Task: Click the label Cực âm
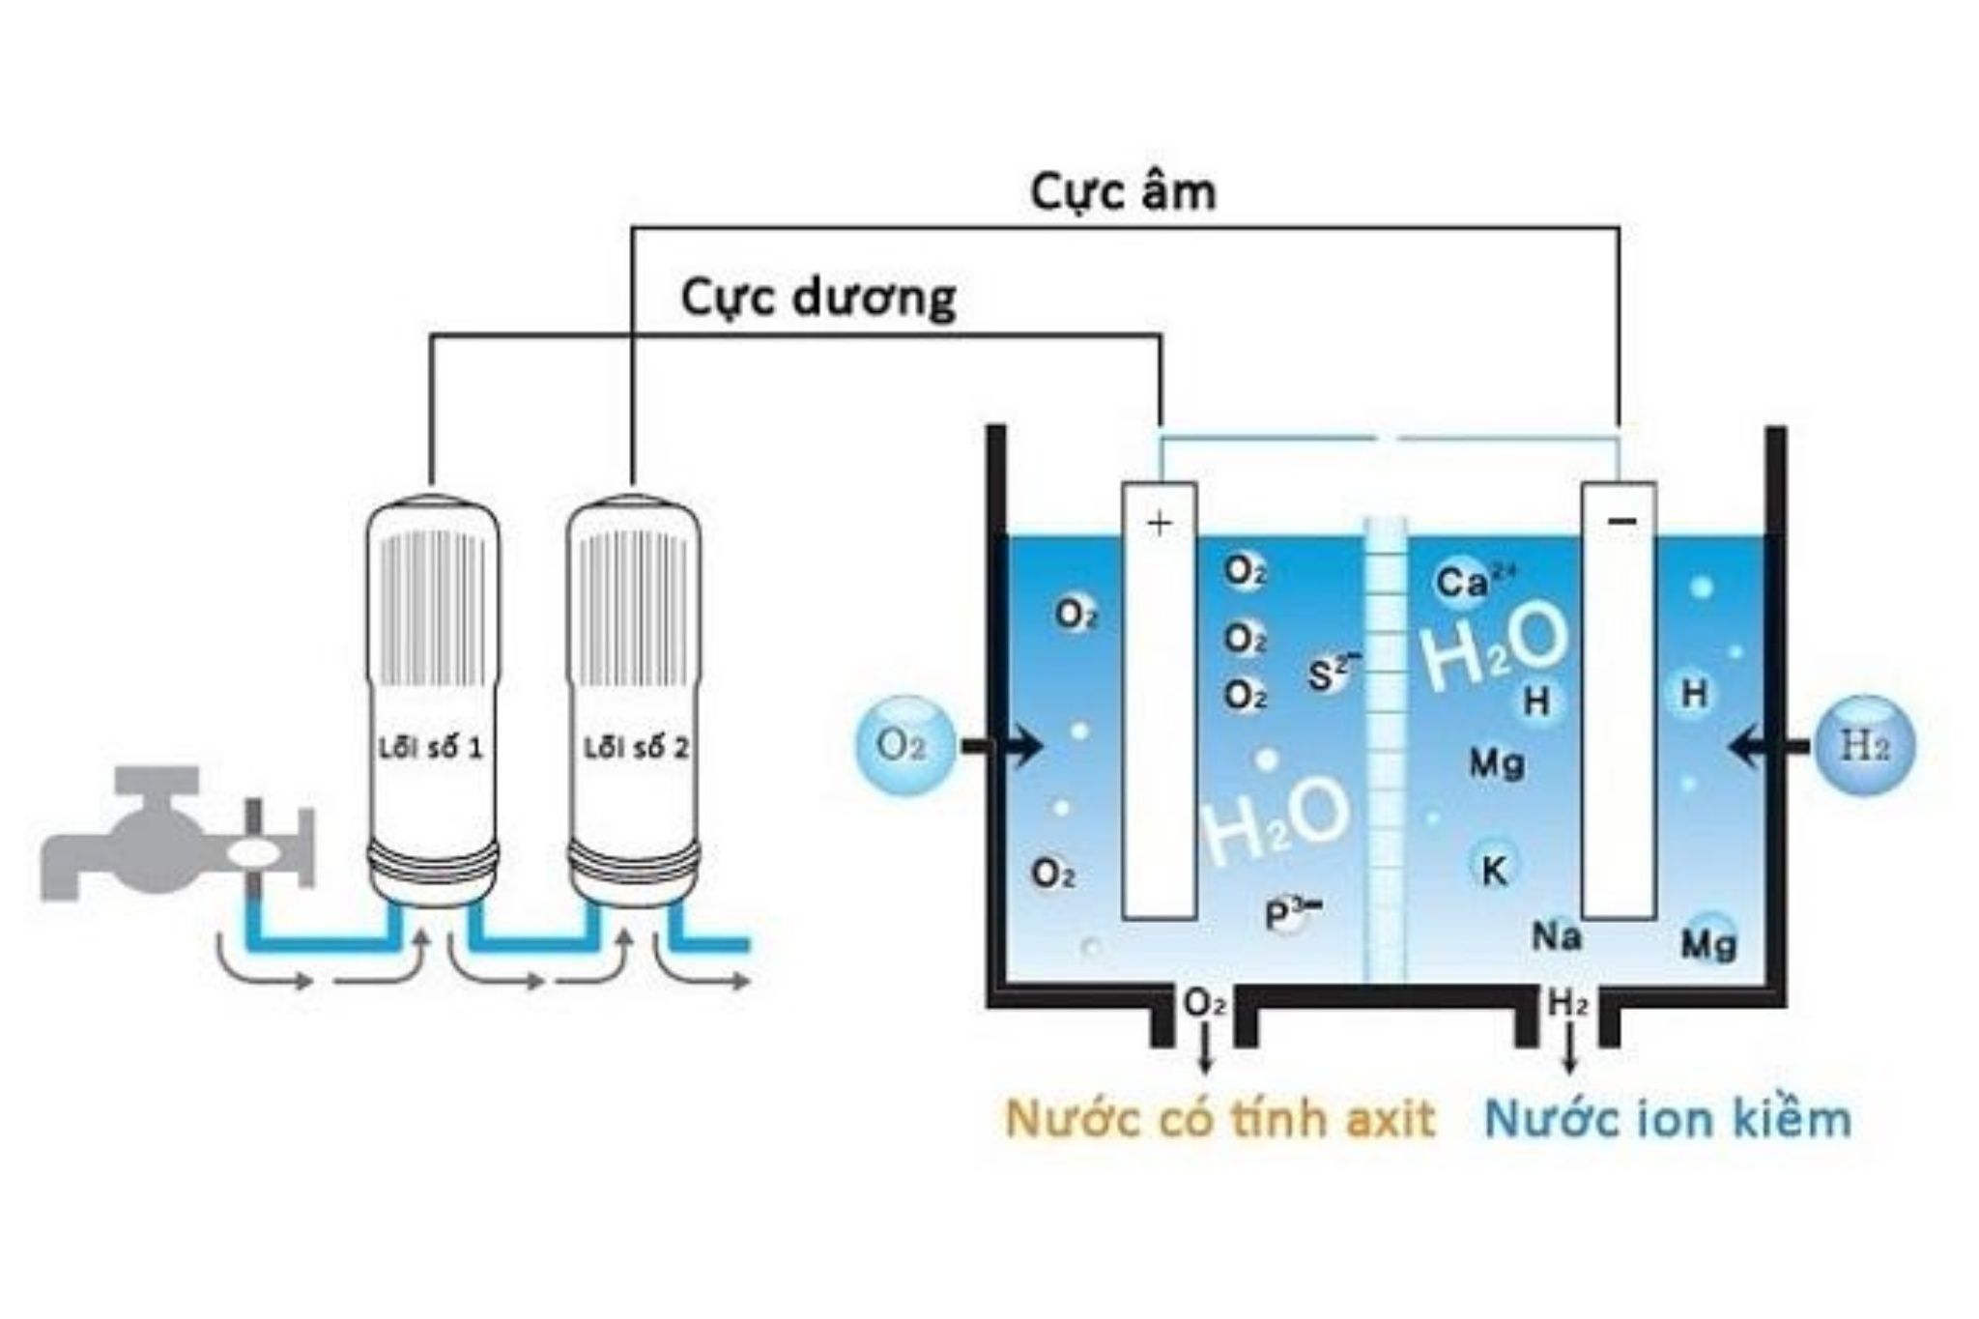[x=1122, y=192]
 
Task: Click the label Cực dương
[x=817, y=298]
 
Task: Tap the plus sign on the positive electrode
[x=1159, y=523]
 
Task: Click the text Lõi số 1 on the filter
[x=430, y=748]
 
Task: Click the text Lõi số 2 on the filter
[x=636, y=748]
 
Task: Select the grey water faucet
[x=164, y=836]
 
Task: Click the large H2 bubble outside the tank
[x=1864, y=745]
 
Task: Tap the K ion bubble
[x=1494, y=870]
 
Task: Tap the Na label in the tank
[x=1556, y=935]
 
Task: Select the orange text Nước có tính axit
[x=1219, y=1119]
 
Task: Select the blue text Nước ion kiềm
[x=1668, y=1119]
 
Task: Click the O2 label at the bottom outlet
[x=1204, y=1004]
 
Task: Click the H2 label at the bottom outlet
[x=1567, y=1004]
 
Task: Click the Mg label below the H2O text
[x=1497, y=763]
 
